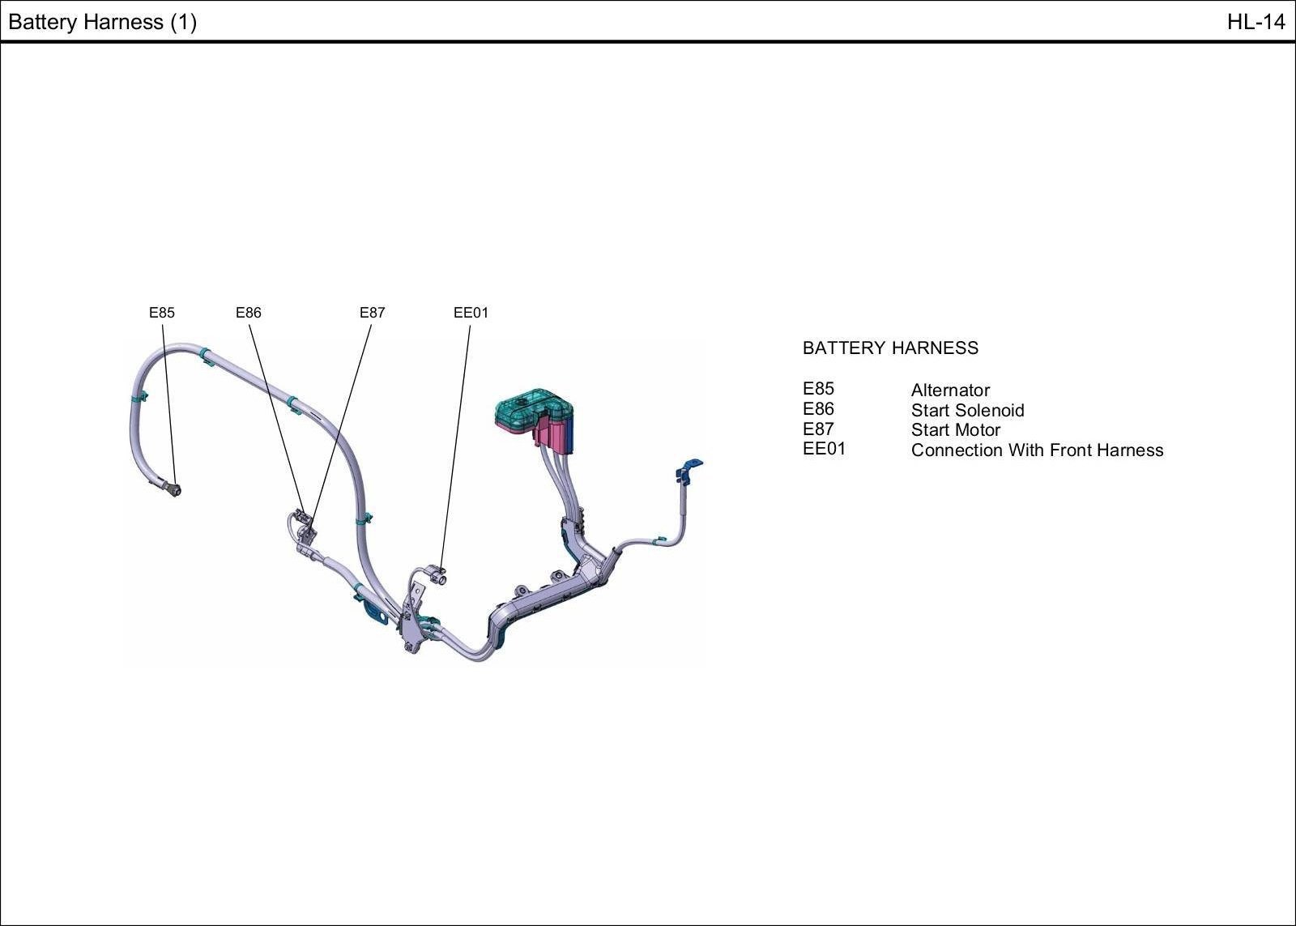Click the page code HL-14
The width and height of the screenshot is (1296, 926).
click(x=1255, y=22)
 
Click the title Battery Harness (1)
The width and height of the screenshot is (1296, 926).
click(x=102, y=22)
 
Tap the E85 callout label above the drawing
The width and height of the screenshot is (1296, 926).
click(x=161, y=313)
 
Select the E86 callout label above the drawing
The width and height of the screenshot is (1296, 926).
click(x=249, y=313)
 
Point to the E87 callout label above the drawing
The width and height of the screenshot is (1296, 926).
click(x=373, y=313)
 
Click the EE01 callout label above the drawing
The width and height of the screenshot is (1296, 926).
click(x=471, y=313)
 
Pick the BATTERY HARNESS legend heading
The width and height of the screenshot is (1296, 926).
click(x=890, y=348)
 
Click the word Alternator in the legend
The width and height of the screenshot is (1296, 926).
click(x=950, y=390)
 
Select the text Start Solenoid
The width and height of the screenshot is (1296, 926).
click(x=967, y=411)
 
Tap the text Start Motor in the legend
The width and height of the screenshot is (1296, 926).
click(x=956, y=430)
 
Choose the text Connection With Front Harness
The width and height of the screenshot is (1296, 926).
click(x=1037, y=450)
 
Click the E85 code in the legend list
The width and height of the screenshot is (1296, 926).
click(x=818, y=389)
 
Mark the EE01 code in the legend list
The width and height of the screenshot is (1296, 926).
click(x=824, y=449)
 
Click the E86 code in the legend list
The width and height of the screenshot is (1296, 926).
click(x=818, y=409)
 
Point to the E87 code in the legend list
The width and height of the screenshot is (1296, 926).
click(x=818, y=429)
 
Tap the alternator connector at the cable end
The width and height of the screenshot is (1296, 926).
click(x=173, y=489)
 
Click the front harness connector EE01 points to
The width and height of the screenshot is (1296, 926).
click(x=439, y=577)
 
